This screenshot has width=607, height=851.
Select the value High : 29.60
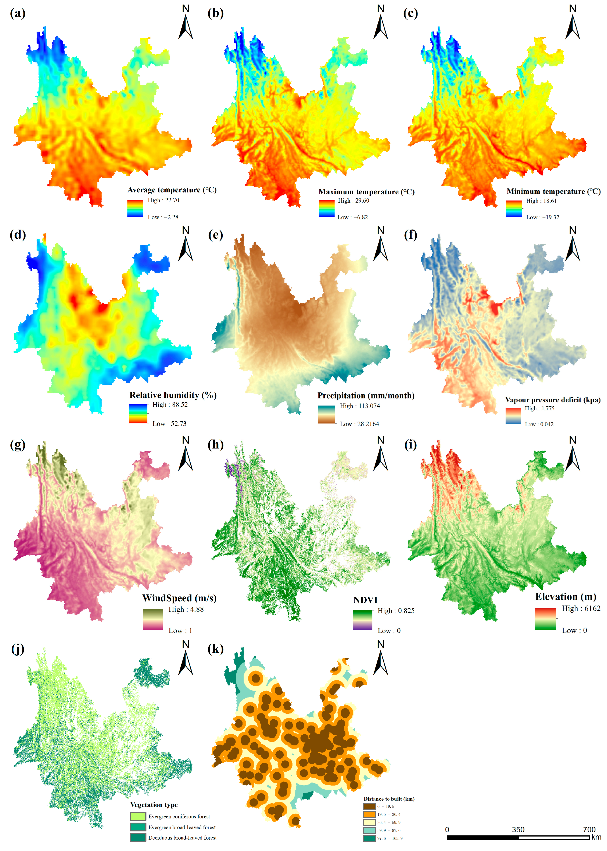click(353, 201)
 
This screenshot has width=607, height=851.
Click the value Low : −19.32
click(542, 217)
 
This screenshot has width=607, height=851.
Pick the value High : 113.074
click(360, 406)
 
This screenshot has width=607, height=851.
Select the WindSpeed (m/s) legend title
click(179, 598)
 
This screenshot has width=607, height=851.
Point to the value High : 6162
click(581, 608)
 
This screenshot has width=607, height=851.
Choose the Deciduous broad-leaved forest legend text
click(182, 837)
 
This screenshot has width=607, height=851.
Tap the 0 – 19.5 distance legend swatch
click(369, 806)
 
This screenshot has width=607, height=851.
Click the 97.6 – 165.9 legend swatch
click(369, 838)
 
